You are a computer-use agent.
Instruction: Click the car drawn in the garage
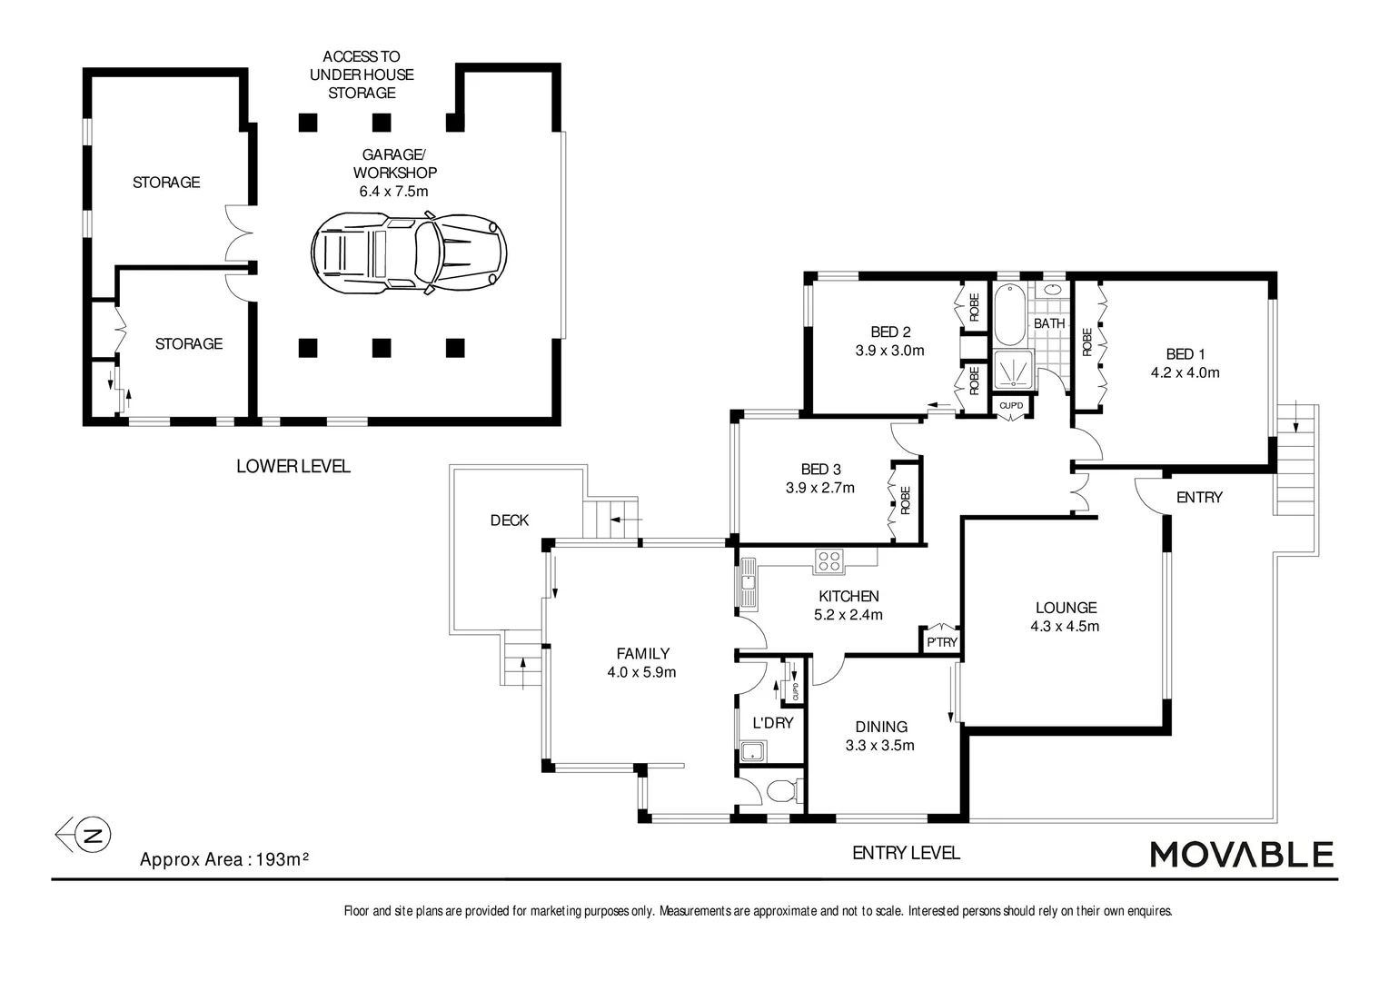coord(409,253)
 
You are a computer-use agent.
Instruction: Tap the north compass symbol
coord(91,834)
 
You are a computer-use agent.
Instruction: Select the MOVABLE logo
coord(1241,855)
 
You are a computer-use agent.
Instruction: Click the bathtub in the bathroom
coord(1009,314)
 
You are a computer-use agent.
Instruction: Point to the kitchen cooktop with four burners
coord(828,561)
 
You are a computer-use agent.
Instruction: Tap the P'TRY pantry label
coord(941,642)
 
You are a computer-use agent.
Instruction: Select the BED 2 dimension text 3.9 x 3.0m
coord(889,351)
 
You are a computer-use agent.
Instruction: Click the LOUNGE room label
coord(1066,608)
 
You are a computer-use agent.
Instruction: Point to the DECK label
coord(509,520)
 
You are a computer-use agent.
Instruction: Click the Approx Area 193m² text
coord(224,859)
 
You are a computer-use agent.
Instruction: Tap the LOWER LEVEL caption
coord(293,466)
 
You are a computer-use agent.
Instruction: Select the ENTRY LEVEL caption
coord(906,853)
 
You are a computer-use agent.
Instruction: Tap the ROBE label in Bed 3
coord(905,500)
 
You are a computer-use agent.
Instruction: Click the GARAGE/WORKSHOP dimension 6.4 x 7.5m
coord(393,192)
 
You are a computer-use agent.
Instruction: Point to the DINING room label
coord(880,727)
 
